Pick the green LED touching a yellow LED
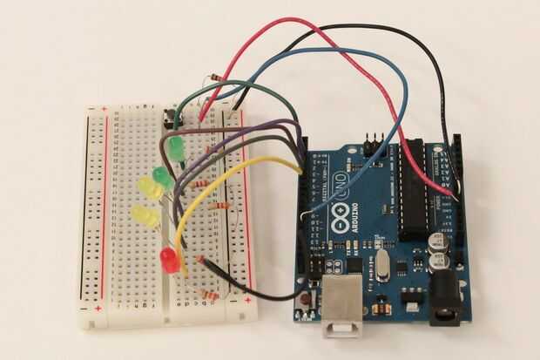(x=161, y=178)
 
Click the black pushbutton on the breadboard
(x=171, y=116)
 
